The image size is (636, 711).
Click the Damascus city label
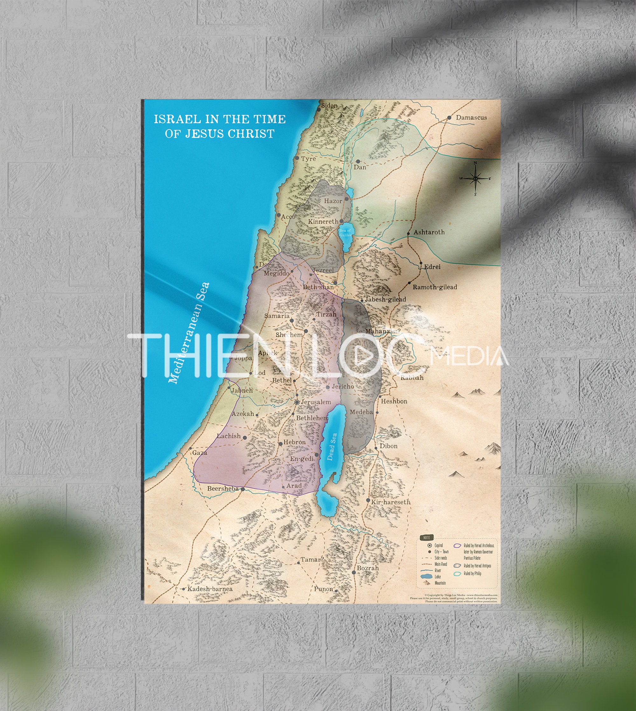click(471, 117)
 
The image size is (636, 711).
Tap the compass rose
click(475, 178)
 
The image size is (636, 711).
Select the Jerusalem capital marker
click(297, 402)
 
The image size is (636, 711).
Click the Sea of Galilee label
click(345, 233)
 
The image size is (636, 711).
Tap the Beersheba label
click(223, 488)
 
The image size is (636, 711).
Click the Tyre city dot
click(297, 158)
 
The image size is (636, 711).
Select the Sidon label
click(329, 106)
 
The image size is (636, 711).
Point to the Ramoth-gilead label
click(435, 287)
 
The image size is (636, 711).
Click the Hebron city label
click(294, 442)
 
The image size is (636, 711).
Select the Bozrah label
click(368, 568)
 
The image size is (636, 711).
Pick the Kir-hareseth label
click(391, 502)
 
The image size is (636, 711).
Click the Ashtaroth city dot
click(408, 233)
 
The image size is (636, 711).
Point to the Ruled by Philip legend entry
click(472, 574)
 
